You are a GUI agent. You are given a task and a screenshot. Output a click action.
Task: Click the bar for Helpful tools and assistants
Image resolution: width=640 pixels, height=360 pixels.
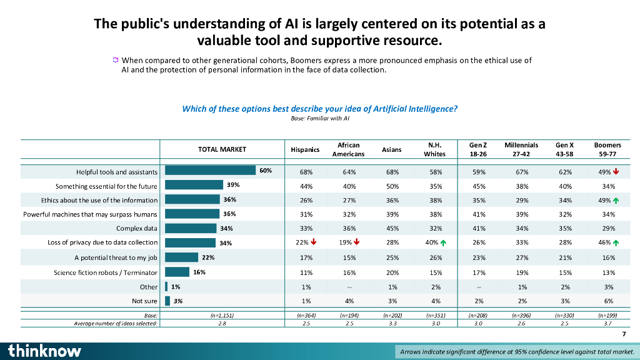tap(211, 171)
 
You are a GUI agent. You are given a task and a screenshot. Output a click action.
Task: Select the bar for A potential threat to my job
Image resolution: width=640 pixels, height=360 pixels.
tap(181, 257)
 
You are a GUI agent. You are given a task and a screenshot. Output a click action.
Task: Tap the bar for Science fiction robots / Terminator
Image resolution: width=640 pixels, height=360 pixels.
tap(177, 272)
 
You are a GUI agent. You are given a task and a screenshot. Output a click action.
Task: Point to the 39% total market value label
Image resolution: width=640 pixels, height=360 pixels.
tap(233, 185)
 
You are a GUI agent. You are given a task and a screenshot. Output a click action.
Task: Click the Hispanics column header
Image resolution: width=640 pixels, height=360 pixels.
tap(305, 149)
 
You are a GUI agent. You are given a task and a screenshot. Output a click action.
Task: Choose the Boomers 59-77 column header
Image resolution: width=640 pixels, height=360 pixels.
tap(607, 149)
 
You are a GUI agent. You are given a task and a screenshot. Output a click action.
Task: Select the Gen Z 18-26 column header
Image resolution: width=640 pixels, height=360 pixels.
tap(478, 149)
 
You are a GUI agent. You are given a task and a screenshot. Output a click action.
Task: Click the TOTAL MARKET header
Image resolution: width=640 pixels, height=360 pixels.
tap(222, 149)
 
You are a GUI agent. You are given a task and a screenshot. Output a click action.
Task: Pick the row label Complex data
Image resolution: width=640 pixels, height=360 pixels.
tap(136, 228)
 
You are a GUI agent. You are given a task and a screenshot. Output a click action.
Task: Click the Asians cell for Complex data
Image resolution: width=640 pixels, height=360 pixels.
tap(392, 228)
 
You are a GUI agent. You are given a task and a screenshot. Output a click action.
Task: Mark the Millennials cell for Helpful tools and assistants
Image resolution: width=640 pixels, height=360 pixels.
tap(522, 172)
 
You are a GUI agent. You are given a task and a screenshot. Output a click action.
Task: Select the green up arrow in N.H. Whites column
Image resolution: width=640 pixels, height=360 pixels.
tap(444, 242)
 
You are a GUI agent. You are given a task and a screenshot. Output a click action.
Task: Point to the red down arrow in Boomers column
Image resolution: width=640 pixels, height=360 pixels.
tap(617, 171)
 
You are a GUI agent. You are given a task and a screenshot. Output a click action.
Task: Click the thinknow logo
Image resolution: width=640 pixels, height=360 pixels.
tap(44, 351)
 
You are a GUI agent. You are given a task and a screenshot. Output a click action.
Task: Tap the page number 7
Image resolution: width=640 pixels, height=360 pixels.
tap(623, 334)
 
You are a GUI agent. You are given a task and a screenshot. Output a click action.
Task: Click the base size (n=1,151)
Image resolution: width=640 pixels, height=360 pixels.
tap(222, 316)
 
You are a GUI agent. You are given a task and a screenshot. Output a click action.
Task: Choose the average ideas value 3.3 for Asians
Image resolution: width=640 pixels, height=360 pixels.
tap(392, 324)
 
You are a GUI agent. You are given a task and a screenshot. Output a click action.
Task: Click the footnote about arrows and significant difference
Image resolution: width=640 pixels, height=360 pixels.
tap(516, 352)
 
